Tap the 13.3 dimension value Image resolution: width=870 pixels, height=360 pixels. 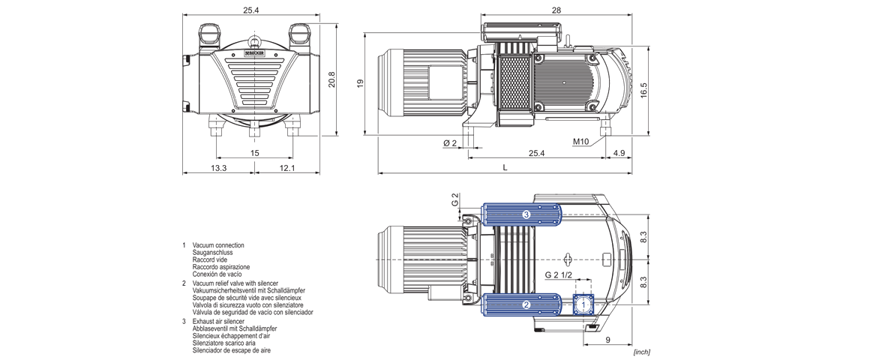[218, 168]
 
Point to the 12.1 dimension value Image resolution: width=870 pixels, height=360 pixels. [287, 168]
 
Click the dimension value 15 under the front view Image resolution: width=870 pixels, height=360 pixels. [255, 153]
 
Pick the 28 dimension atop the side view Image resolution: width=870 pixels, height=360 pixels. [556, 10]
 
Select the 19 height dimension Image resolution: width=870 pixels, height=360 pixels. [360, 83]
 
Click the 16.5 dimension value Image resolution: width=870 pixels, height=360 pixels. [643, 90]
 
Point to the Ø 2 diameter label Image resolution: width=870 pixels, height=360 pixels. [450, 142]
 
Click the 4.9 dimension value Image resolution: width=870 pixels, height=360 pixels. [619, 153]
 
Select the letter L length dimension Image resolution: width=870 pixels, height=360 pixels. [505, 168]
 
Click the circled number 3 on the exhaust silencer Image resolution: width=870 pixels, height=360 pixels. [526, 215]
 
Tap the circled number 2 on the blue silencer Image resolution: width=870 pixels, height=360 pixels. [526, 304]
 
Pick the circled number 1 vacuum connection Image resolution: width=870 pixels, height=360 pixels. [584, 304]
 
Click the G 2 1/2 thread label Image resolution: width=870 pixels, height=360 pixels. [558, 275]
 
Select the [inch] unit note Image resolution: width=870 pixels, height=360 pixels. [641, 352]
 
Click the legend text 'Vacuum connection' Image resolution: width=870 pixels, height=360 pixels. [218, 245]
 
